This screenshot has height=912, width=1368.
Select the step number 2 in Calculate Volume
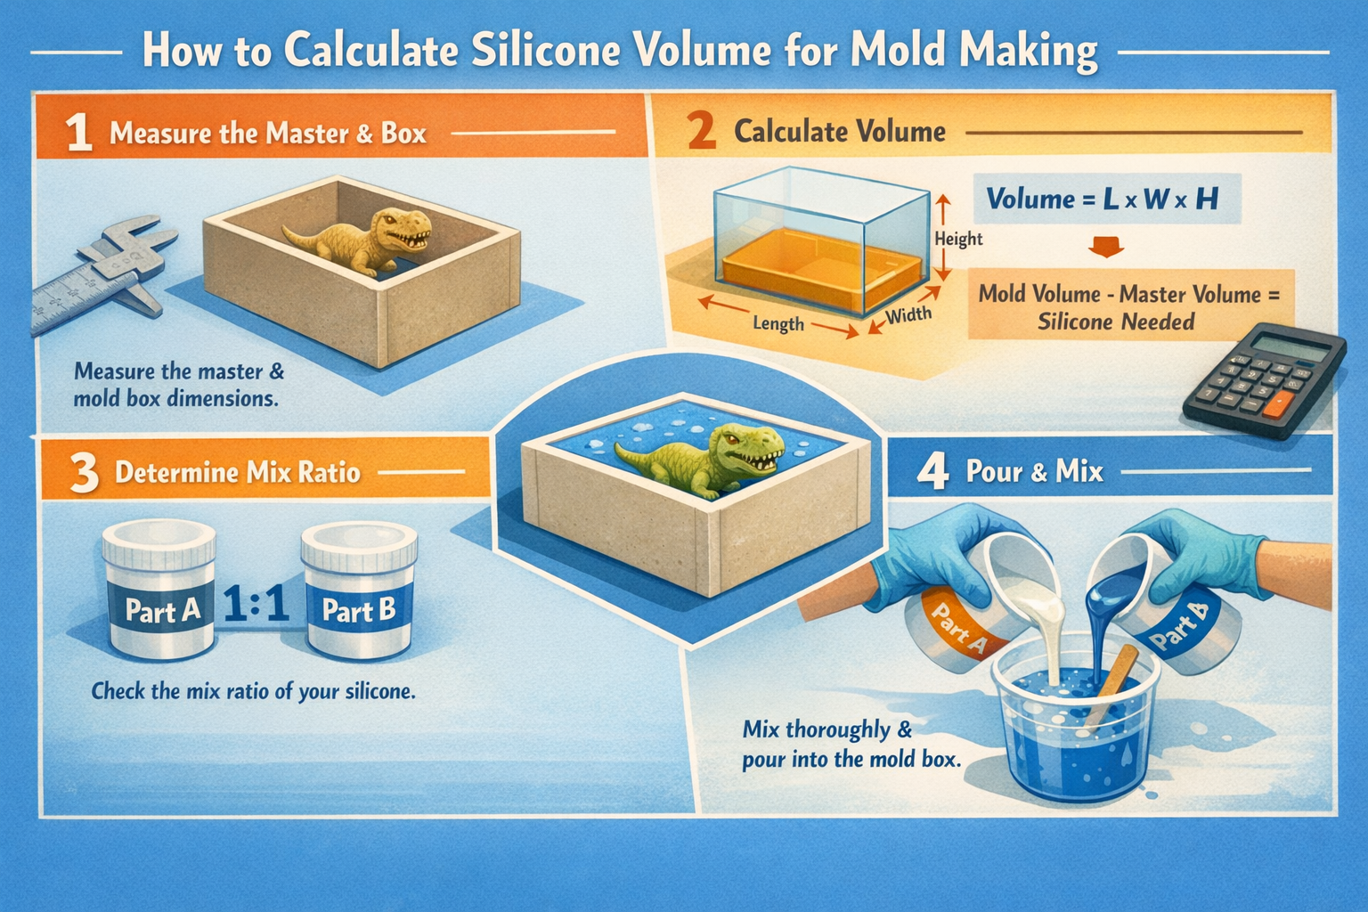click(x=701, y=132)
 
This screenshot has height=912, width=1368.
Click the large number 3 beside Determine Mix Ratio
click(x=84, y=473)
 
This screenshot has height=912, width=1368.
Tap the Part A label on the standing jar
click(x=162, y=610)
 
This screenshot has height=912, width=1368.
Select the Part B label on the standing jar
click(x=358, y=610)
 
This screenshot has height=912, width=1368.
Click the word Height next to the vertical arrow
click(x=958, y=239)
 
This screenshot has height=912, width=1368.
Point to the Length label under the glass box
click(x=778, y=324)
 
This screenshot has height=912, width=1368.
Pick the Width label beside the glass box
click(x=908, y=314)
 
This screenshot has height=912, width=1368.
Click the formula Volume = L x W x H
click(x=1102, y=199)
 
